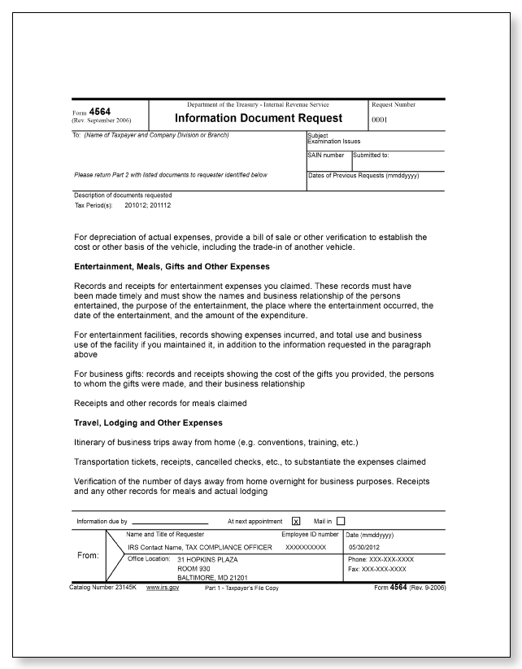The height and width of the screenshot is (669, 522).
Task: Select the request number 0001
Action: [x=381, y=118]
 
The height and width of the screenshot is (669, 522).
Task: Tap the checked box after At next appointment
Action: [x=296, y=521]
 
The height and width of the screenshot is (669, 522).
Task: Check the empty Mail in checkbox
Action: [x=341, y=521]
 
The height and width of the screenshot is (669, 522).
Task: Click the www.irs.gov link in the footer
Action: [x=163, y=587]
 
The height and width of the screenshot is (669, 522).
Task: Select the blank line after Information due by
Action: [x=170, y=522]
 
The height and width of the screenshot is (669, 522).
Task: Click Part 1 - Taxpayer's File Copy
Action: [x=240, y=588]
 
